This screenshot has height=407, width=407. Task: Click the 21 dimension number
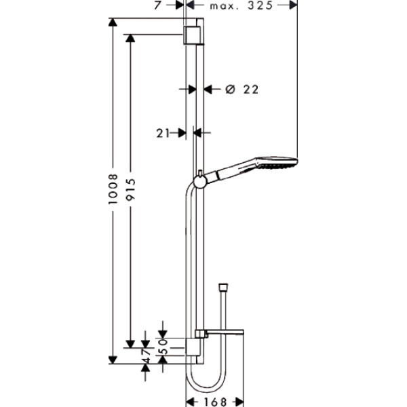click(162, 134)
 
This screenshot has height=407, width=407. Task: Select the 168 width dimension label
click(214, 401)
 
